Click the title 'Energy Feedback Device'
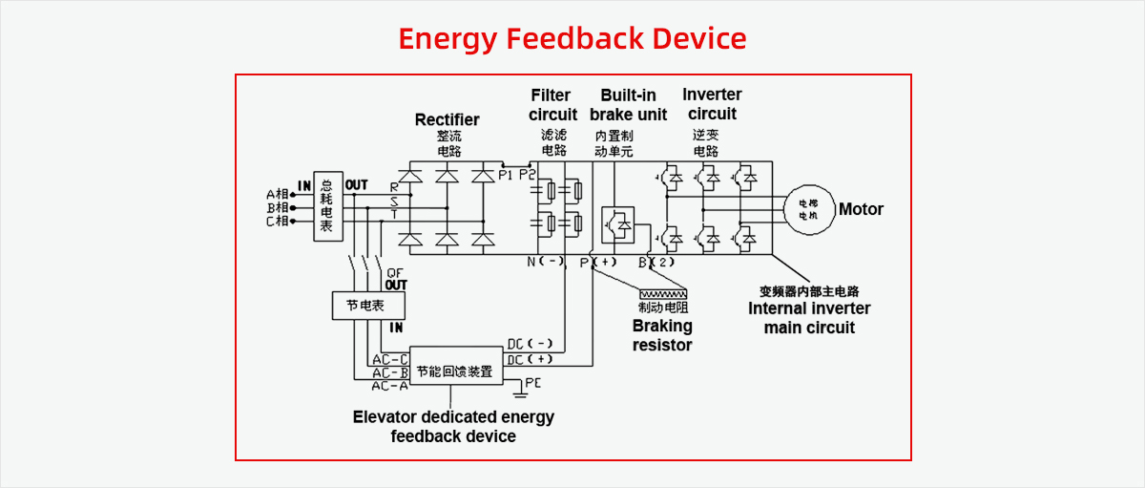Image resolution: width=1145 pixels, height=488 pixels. click(572, 39)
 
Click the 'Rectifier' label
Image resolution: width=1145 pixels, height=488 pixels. click(447, 119)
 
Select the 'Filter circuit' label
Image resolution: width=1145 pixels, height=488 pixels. click(552, 105)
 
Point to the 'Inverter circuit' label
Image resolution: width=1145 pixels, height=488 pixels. click(712, 104)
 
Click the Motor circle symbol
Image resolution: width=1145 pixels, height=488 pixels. click(808, 210)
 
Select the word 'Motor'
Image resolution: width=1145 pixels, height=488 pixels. click(861, 209)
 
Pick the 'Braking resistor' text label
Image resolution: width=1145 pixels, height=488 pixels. click(662, 335)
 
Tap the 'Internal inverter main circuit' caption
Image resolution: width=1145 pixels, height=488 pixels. click(809, 318)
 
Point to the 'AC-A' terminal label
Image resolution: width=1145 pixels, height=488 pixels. click(390, 386)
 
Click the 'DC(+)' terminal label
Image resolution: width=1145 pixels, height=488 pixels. click(530, 359)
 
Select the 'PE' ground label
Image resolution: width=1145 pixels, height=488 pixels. click(532, 383)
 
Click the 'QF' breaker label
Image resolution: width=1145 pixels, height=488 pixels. click(395, 273)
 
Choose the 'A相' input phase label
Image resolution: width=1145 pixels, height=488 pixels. click(277, 194)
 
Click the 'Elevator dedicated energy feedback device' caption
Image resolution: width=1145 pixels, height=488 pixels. click(453, 427)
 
